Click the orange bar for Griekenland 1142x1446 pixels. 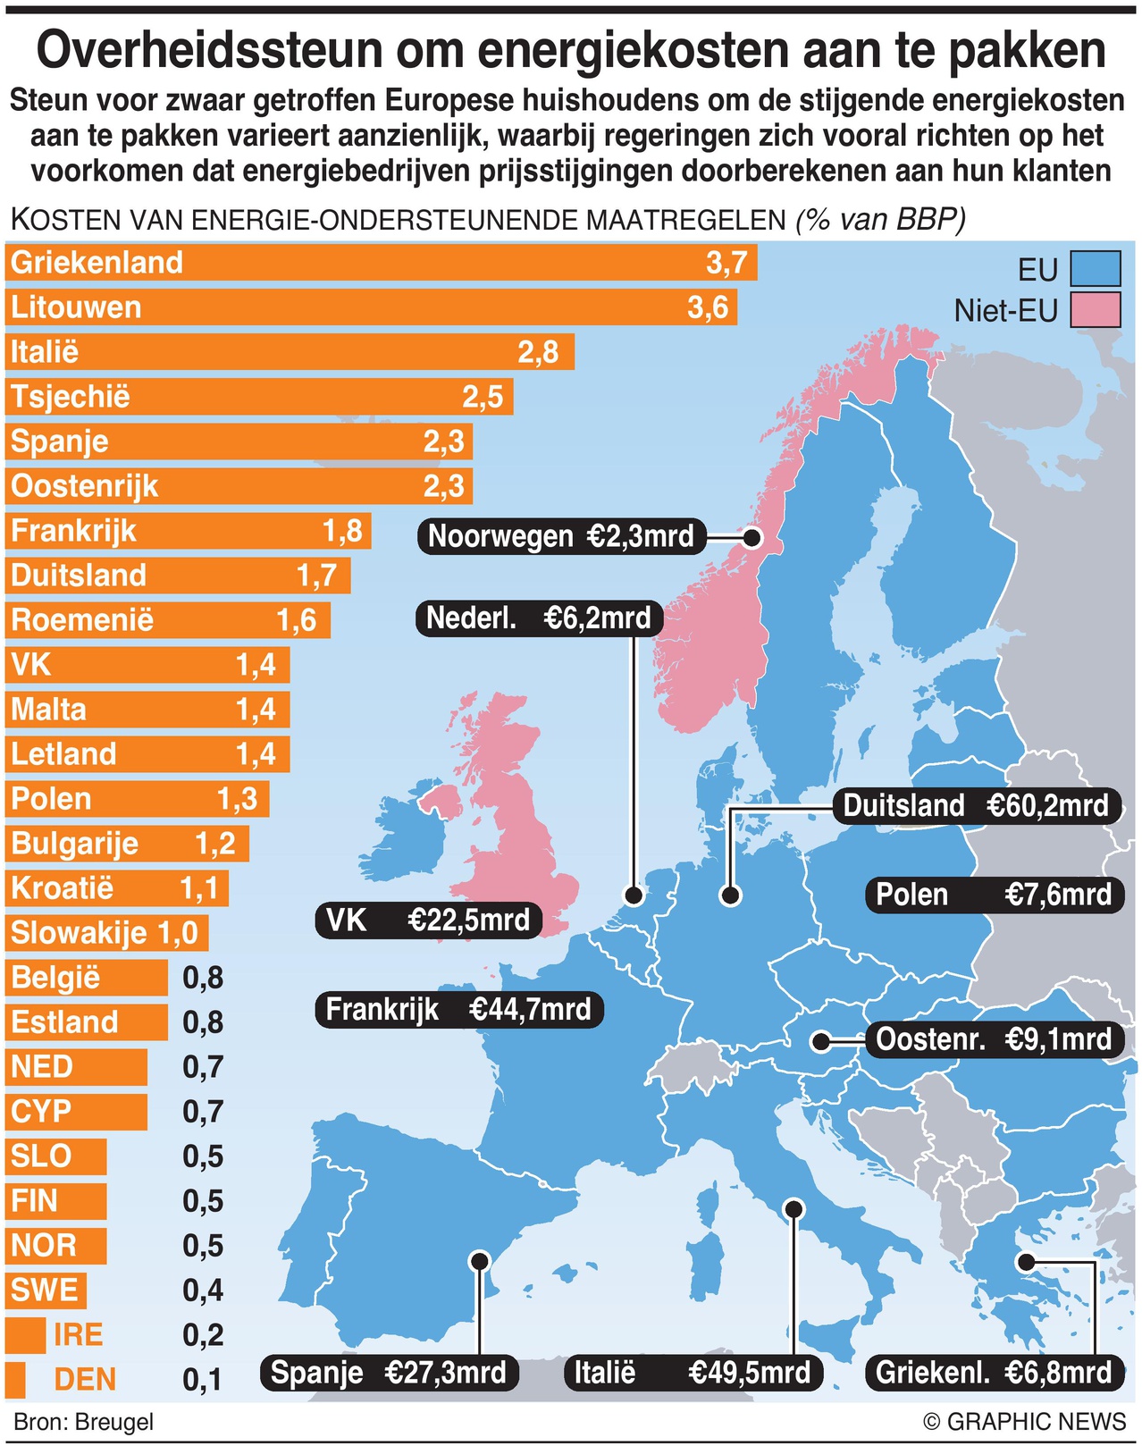380,263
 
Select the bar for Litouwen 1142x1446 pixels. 371,307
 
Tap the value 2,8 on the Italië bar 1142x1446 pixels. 538,352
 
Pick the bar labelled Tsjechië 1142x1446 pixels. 259,397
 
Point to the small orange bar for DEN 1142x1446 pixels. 14,1380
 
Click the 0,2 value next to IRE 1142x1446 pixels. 203,1335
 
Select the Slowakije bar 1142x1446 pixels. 106,933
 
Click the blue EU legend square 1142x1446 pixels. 1095,269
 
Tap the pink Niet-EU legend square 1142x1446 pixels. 1095,310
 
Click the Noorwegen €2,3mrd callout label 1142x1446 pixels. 561,537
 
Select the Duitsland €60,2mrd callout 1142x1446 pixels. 975,806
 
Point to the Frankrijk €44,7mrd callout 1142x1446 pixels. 458,1010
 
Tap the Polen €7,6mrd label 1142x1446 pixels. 994,895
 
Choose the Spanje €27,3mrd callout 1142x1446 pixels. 389,1372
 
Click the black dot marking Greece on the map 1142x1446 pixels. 1026,1262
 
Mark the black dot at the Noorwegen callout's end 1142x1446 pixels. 752,538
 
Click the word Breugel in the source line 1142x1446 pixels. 114,1422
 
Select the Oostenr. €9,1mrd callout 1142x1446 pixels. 994,1040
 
